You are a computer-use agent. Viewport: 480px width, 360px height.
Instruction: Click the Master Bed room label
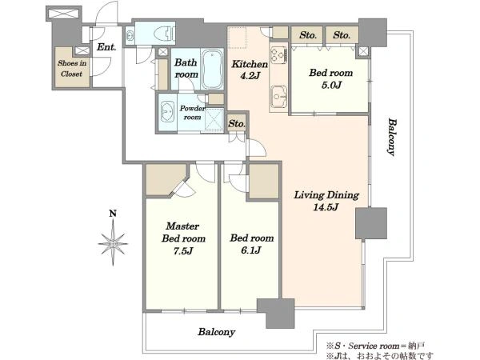[x=183, y=232]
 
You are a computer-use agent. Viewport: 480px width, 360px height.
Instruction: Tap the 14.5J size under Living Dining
[x=326, y=207]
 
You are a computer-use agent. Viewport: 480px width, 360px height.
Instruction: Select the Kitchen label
[x=250, y=64]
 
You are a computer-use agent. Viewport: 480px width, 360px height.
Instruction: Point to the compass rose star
[x=113, y=243]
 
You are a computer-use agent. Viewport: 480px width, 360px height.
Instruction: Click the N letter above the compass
[x=113, y=214]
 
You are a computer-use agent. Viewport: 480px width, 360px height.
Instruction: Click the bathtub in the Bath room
[x=212, y=69]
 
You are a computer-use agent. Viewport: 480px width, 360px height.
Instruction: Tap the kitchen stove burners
[x=278, y=55]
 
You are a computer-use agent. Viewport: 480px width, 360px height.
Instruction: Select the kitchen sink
[x=278, y=97]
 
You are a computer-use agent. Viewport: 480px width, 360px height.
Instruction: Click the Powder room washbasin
[x=167, y=112]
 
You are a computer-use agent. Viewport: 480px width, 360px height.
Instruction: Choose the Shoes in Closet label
[x=72, y=69]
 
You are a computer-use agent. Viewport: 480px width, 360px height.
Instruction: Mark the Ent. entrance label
[x=106, y=47]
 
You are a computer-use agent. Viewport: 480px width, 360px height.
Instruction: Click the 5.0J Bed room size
[x=331, y=85]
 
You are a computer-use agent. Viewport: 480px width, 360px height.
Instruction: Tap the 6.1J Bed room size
[x=251, y=250]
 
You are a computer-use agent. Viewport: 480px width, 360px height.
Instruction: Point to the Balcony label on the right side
[x=391, y=137]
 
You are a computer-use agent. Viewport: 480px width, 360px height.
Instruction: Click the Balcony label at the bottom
[x=217, y=332]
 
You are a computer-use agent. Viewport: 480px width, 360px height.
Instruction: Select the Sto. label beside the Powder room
[x=237, y=124]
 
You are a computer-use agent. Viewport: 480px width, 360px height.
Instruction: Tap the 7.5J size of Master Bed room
[x=183, y=251]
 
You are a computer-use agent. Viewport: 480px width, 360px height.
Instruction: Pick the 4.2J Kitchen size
[x=250, y=76]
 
